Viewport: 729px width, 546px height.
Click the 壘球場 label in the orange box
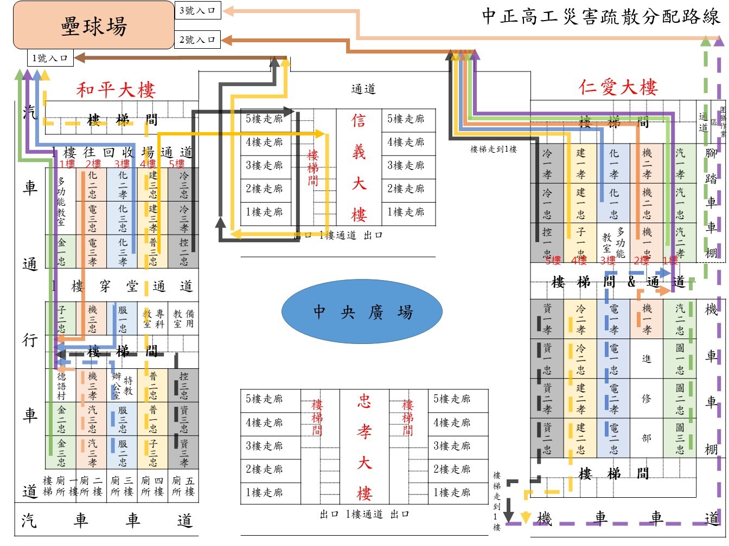[94, 26]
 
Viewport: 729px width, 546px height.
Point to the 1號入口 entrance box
[50, 57]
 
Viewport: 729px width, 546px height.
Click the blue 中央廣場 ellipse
[362, 312]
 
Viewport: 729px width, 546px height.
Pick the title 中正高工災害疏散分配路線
[600, 16]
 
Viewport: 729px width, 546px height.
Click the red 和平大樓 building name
[116, 89]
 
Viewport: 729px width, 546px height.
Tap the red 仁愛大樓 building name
[618, 87]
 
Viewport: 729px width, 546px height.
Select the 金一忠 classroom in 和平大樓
[61, 251]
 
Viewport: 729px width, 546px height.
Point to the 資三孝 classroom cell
[184, 453]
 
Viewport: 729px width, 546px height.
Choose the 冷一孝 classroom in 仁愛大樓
[547, 164]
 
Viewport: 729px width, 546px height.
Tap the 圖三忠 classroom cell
[680, 438]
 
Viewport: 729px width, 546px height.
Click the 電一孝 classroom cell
[613, 320]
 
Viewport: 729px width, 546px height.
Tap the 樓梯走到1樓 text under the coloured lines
[493, 149]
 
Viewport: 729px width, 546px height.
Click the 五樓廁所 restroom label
[183, 486]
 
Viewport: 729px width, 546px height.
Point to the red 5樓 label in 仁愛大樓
[553, 261]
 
